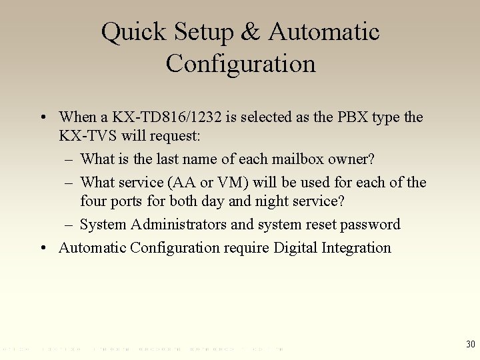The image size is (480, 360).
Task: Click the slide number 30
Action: pyautogui.click(x=471, y=344)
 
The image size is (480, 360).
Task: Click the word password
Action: pyautogui.click(x=371, y=224)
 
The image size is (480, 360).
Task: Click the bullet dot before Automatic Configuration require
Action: pyautogui.click(x=42, y=248)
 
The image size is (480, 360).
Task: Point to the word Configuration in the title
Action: pyautogui.click(x=241, y=64)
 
